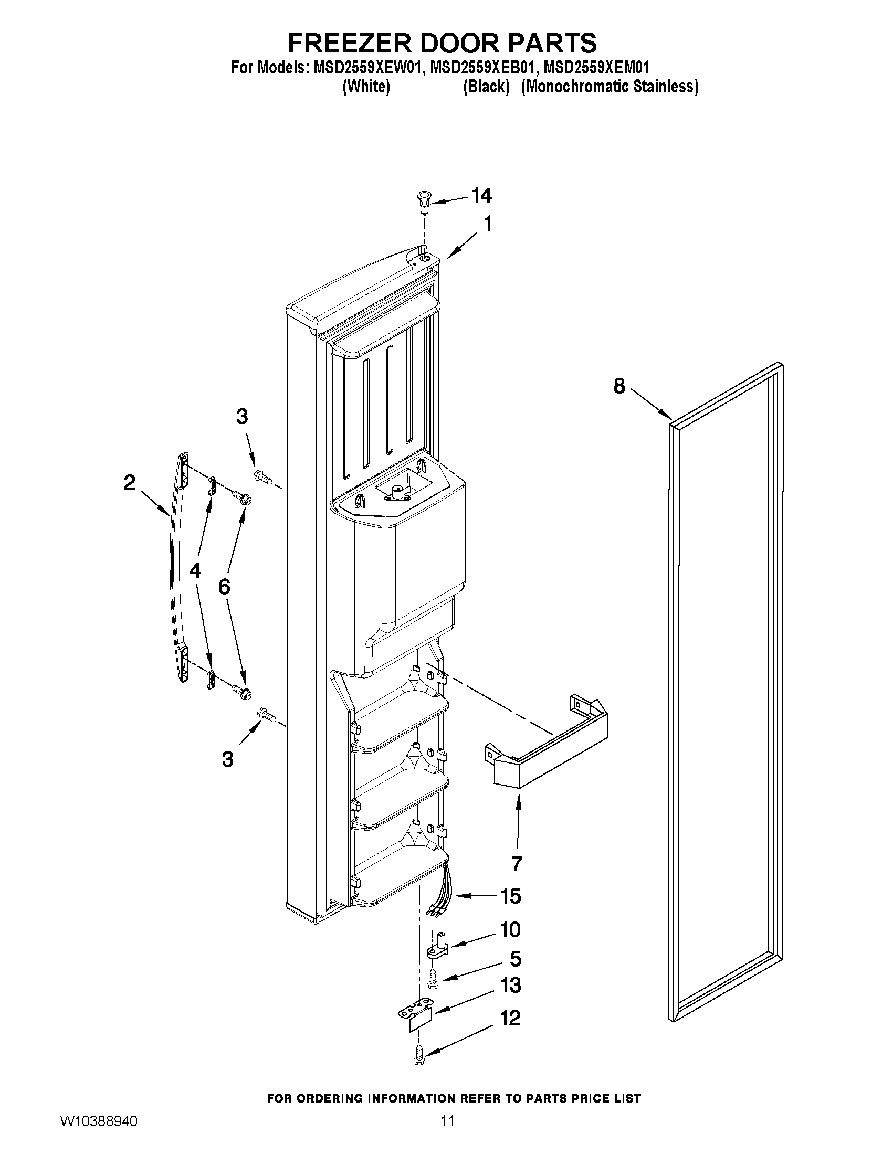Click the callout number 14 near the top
tap(481, 196)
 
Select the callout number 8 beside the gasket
tap(619, 386)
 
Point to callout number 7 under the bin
tap(517, 864)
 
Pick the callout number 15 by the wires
tap(510, 896)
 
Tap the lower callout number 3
tap(227, 759)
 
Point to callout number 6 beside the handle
tap(224, 587)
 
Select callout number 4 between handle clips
tap(195, 570)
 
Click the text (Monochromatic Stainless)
tap(610, 87)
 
